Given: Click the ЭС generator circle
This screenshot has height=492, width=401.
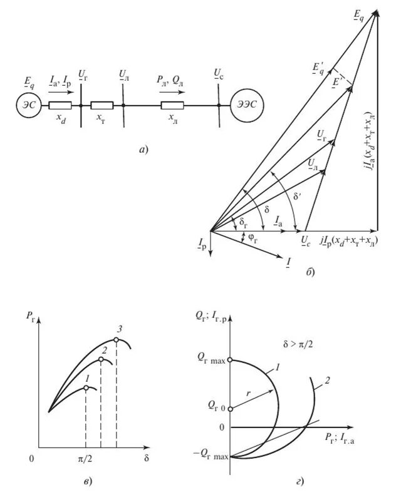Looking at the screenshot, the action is (x=28, y=106).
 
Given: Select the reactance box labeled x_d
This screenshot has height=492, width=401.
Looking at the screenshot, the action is (x=61, y=106).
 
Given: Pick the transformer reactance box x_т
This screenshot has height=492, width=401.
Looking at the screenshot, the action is (x=102, y=106).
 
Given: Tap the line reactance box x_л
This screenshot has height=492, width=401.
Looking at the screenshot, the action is (x=172, y=106).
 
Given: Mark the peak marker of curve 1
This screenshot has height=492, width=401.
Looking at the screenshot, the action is (x=86, y=387).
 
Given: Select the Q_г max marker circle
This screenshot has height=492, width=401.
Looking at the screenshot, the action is (x=231, y=360).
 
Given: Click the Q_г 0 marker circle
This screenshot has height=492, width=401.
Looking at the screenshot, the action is (x=231, y=409).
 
